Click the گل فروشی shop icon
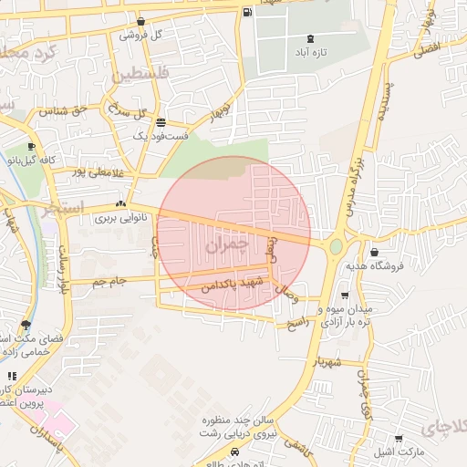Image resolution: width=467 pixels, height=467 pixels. (x=140, y=22)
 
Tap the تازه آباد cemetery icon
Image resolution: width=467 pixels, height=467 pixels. (x=312, y=38)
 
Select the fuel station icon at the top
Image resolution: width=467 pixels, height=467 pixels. (x=249, y=12)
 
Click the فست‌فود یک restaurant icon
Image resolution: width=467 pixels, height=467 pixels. (x=161, y=122)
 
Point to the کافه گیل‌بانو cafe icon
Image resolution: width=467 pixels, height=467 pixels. (x=32, y=147)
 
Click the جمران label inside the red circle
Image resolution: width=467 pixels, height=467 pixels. (x=227, y=245)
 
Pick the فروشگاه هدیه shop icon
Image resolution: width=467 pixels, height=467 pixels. (x=374, y=253)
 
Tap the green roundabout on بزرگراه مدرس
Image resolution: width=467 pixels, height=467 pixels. (x=336, y=245)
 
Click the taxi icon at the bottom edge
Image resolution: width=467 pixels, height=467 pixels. (x=235, y=452)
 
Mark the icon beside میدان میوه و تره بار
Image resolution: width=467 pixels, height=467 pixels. (x=344, y=296)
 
